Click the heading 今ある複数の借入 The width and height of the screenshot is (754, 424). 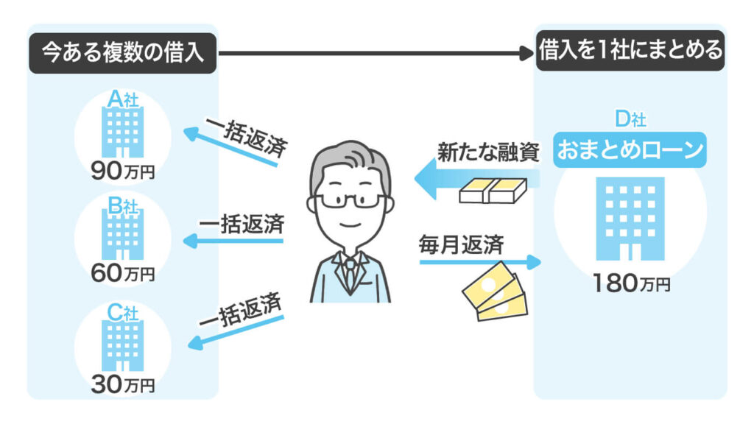[x=122, y=54]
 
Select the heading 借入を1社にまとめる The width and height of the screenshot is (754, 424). [x=630, y=53]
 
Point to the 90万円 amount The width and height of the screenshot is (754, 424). [x=122, y=174]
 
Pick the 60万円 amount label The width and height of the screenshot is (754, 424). [x=122, y=275]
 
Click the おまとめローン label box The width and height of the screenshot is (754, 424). [x=630, y=150]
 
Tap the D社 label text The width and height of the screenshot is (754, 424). [x=630, y=118]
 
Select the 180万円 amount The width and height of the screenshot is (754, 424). [x=630, y=283]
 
